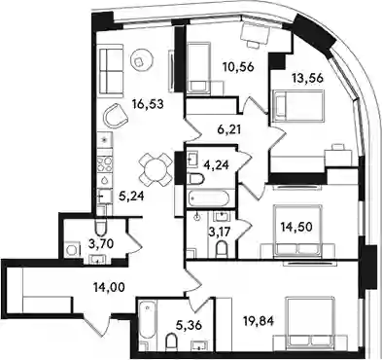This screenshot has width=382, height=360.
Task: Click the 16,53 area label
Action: [x=147, y=104]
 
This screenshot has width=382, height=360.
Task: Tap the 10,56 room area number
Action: [x=238, y=67]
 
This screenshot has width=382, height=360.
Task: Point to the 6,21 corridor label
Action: [x=228, y=130]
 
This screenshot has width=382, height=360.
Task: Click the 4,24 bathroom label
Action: [x=218, y=165]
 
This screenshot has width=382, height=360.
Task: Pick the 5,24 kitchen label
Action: [x=131, y=196]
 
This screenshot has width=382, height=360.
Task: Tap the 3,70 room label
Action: [x=101, y=243]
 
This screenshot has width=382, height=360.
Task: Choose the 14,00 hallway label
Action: [x=109, y=287]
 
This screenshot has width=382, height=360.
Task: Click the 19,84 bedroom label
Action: [x=259, y=321]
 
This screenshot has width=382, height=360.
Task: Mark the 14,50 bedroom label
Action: [x=296, y=227]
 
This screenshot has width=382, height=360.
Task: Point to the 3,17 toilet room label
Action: [x=220, y=233]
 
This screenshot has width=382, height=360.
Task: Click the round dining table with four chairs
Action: [x=155, y=169]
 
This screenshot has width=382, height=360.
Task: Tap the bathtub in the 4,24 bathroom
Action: [x=209, y=198]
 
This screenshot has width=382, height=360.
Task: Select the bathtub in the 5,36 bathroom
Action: [x=148, y=324]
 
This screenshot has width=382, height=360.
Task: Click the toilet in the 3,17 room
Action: [x=222, y=248]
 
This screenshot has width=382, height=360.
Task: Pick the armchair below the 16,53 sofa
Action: [x=115, y=116]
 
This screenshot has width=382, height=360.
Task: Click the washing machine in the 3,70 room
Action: [x=72, y=250]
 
